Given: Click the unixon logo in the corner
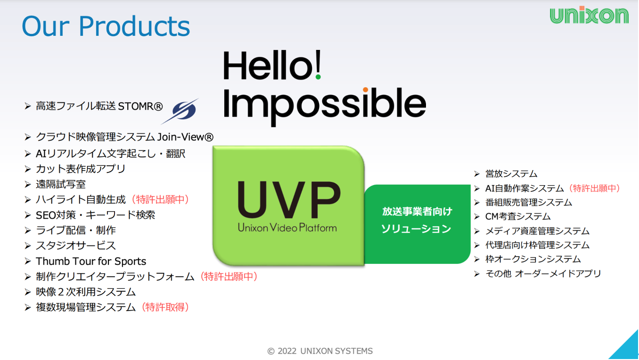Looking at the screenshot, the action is click(589, 15).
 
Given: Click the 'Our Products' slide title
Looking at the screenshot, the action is click(106, 26).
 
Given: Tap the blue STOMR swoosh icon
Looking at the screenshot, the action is click(180, 111).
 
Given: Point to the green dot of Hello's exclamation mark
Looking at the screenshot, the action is click(318, 77).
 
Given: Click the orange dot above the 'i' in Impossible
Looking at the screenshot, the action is click(365, 90).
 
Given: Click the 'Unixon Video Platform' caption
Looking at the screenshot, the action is click(287, 228).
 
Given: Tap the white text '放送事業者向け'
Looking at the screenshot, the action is click(417, 212).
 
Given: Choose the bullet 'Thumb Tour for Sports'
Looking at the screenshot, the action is click(91, 262).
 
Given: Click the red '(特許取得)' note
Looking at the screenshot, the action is click(165, 307).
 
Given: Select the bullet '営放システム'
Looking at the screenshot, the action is click(511, 174).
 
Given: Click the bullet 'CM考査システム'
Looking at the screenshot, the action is click(518, 216).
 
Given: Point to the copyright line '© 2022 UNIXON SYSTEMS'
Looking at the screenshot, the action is click(320, 351).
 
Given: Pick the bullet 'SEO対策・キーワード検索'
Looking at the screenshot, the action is click(95, 215).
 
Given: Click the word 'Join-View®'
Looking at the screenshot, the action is click(185, 137).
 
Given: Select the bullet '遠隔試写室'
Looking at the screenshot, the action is click(60, 184).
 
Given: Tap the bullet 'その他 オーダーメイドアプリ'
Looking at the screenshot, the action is click(543, 274).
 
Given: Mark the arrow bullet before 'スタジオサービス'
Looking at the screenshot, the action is click(27, 245).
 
